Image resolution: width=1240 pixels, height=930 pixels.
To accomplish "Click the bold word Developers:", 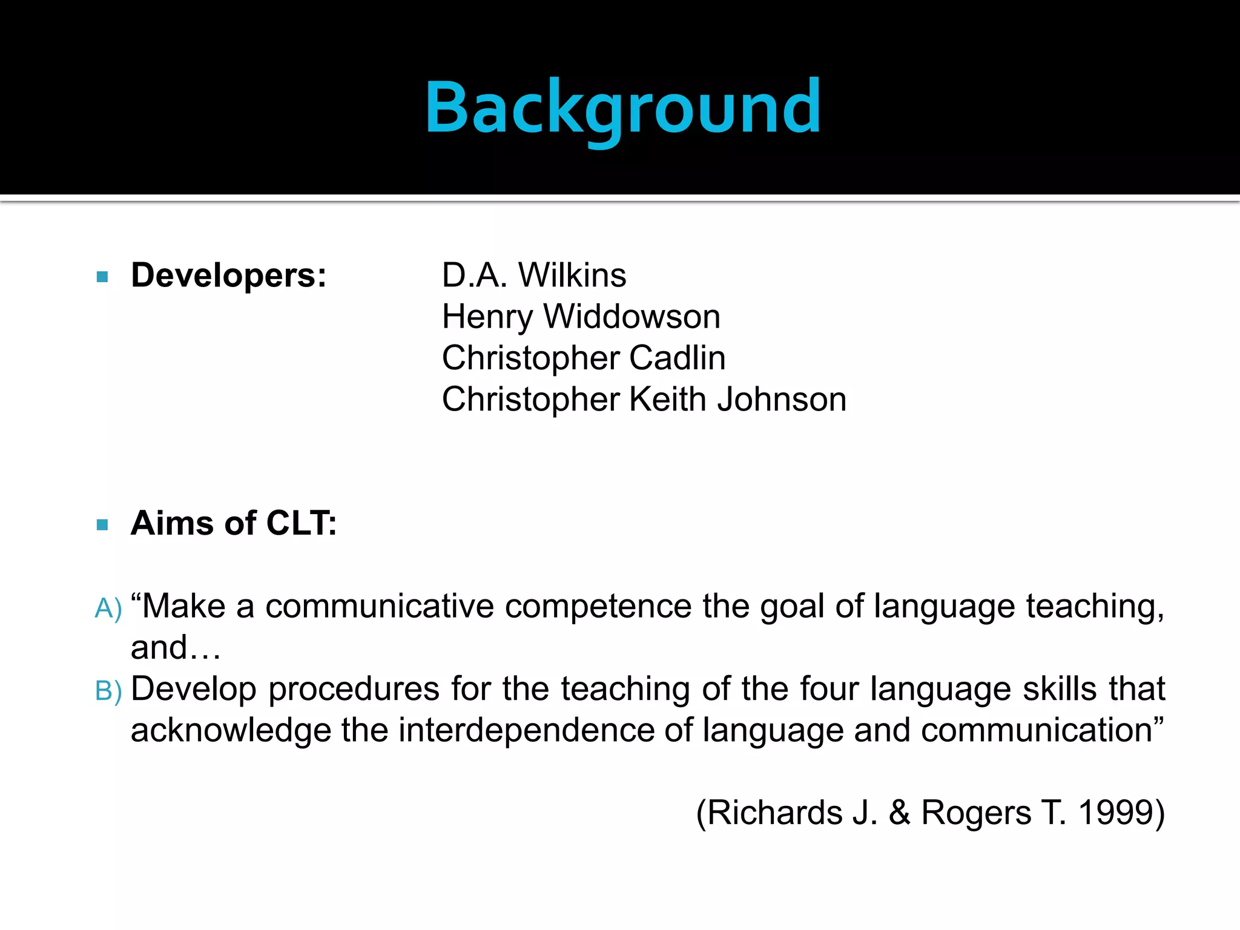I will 229,275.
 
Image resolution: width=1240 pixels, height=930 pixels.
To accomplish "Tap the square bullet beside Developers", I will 102,277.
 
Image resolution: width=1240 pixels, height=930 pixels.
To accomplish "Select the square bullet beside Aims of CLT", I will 102,524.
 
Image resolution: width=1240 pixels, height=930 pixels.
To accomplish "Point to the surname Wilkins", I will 572,275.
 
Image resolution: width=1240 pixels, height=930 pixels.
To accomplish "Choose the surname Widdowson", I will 632,317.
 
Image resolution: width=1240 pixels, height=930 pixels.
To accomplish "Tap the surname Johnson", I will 782,400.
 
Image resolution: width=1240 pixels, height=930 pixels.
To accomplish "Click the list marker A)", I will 108,608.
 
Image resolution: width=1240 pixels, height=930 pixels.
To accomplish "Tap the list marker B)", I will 108,691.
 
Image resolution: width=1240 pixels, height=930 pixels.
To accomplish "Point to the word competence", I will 598,606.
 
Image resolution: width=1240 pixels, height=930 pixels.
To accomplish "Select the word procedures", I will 354,690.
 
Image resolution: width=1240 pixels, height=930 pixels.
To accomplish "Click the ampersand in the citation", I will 900,813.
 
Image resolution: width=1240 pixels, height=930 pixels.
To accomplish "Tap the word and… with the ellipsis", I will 176,647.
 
